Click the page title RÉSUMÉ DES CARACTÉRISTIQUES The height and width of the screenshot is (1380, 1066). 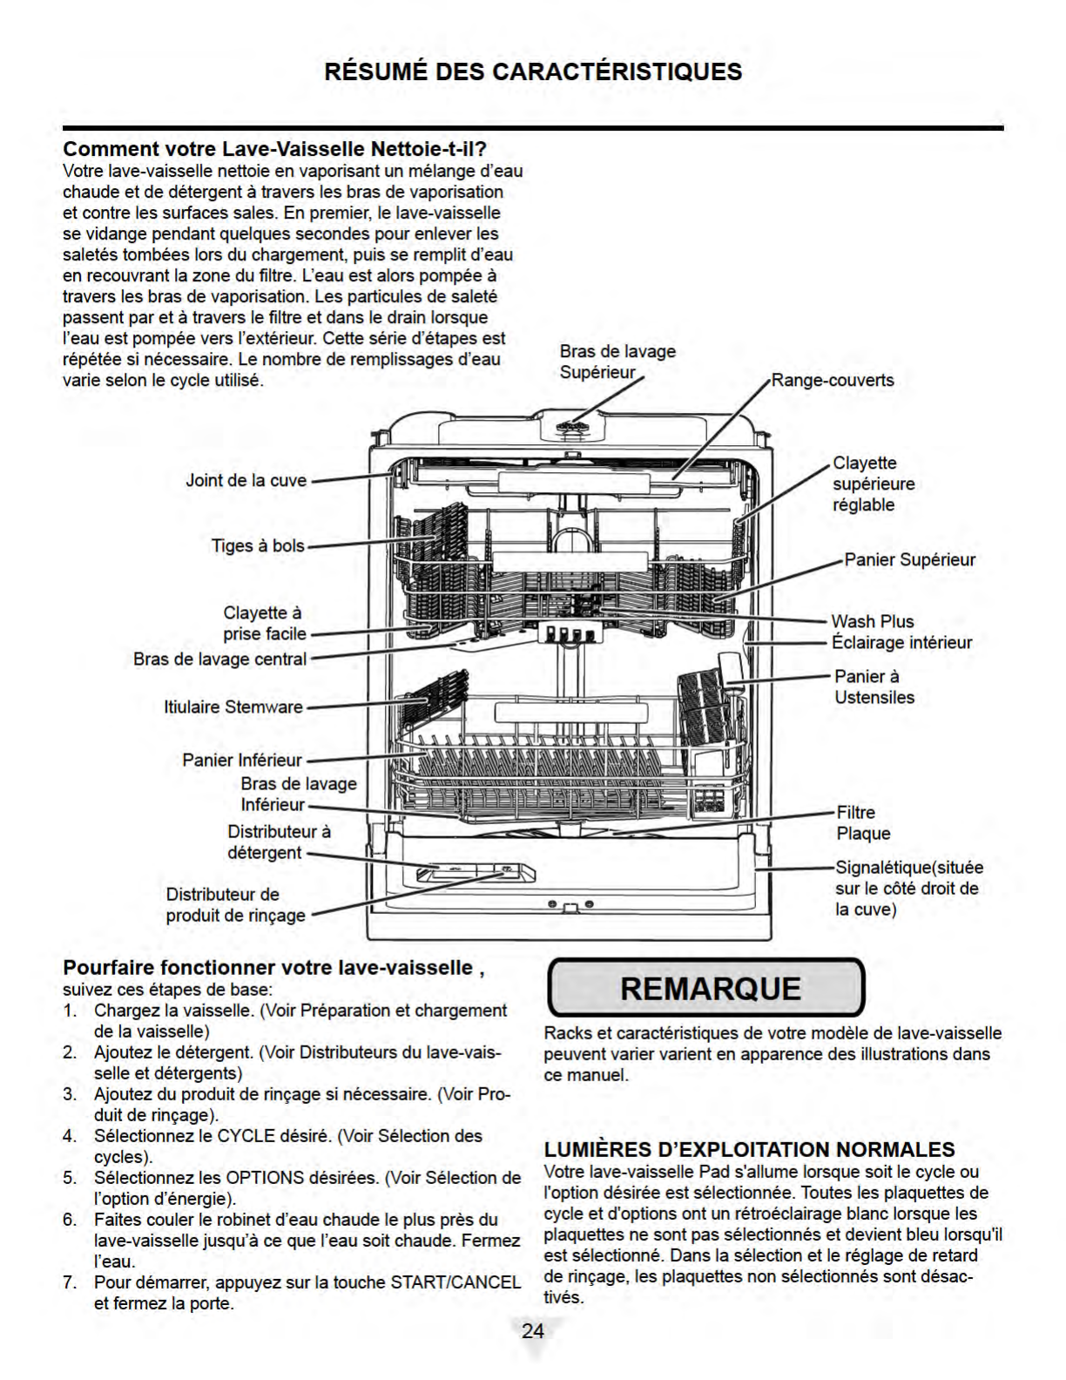(533, 71)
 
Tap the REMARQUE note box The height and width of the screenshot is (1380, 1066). (706, 988)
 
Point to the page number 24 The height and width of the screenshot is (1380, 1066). (533, 1330)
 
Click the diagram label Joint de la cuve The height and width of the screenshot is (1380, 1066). (246, 480)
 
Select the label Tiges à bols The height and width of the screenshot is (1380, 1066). (258, 545)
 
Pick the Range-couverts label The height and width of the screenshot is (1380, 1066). (833, 381)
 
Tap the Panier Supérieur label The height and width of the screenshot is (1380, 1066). (910, 559)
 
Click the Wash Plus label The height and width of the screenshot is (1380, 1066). (873, 621)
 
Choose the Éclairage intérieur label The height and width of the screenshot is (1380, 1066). (902, 642)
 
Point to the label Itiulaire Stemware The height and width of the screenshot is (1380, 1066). (233, 707)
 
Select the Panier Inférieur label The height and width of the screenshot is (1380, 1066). (242, 761)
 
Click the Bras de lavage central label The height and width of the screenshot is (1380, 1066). (219, 660)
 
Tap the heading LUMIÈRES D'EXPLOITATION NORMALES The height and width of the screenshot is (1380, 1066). (749, 1149)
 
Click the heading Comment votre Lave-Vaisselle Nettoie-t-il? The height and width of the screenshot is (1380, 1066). (275, 149)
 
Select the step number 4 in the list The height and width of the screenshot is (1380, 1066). (69, 1135)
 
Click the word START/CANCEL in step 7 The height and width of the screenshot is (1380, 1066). (455, 1282)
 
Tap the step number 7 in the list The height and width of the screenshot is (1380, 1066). (69, 1282)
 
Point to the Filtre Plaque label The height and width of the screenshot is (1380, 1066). (863, 823)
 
